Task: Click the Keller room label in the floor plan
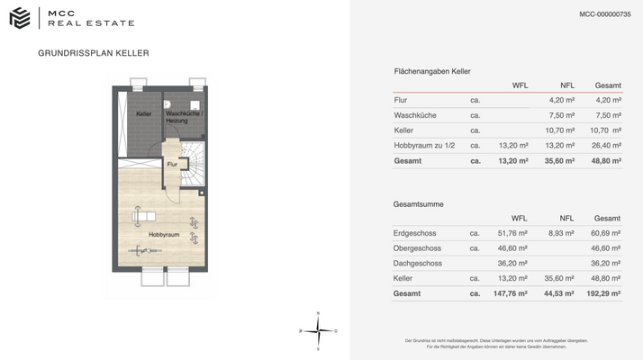tap(144, 114)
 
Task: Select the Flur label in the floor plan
tap(171, 165)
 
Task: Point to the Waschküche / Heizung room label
tap(184, 117)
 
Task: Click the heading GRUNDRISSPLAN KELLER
tap(94, 53)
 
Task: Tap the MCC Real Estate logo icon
tap(19, 17)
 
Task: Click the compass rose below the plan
tap(318, 330)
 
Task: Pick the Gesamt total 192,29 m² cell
tap(603, 293)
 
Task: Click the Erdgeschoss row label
tap(417, 232)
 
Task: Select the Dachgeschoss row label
tap(418, 263)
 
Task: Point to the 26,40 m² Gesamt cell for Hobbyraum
tap(606, 146)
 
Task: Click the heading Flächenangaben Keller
tap(432, 71)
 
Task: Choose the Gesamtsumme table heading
tap(419, 204)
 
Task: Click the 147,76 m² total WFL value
tap(509, 293)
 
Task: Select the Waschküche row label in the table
tap(415, 115)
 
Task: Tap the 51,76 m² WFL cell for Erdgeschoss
tap(512, 232)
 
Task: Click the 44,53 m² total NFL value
tap(558, 293)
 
